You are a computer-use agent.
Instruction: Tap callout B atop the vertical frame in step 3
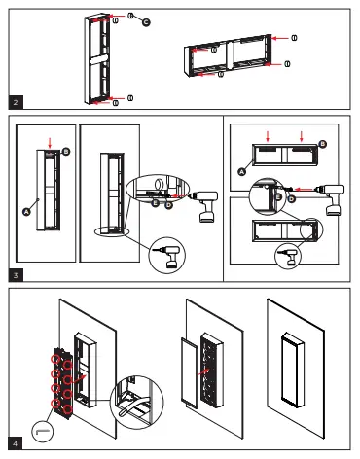pyautogui.click(x=66, y=152)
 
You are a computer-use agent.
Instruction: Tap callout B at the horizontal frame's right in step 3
pyautogui.click(x=323, y=143)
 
